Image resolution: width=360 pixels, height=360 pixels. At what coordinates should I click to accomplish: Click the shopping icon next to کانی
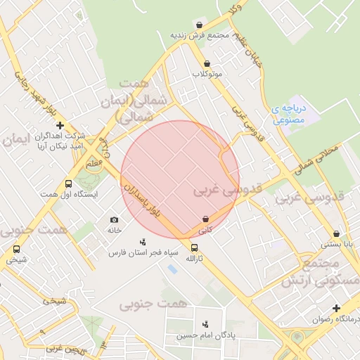click(205, 219)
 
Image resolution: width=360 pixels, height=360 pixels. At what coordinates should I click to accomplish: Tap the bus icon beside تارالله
click(194, 247)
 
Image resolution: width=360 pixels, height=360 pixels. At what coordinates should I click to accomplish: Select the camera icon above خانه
click(115, 220)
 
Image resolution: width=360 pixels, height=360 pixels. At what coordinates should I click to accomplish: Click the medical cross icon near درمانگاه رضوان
click(337, 308)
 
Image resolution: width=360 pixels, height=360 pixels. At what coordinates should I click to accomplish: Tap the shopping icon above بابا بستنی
click(336, 234)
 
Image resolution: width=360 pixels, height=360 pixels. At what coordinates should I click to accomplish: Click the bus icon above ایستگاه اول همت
click(68, 183)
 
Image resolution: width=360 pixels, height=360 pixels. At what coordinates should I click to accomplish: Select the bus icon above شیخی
click(17, 249)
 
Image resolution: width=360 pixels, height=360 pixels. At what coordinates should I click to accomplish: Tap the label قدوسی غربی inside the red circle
click(227, 190)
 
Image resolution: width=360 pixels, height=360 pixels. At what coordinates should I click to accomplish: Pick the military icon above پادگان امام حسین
click(205, 324)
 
